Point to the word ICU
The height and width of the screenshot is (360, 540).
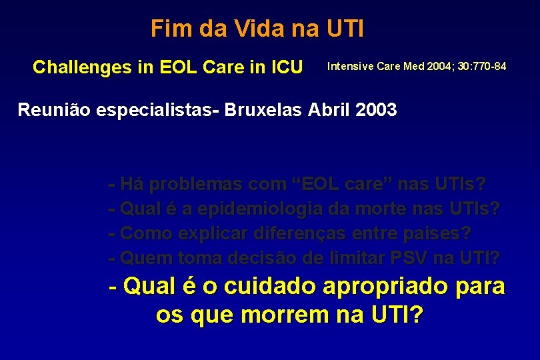tap(285, 67)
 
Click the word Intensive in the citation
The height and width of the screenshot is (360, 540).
tap(351, 67)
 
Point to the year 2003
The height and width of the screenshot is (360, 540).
tap(377, 109)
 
